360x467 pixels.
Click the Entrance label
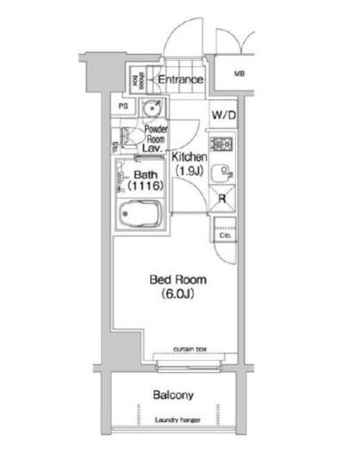(x=181, y=79)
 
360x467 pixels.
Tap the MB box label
(x=239, y=74)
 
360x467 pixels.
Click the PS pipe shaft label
(x=124, y=107)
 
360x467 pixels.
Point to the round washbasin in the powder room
(x=153, y=108)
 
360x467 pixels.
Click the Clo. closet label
(x=225, y=235)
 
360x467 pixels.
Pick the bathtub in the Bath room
(x=140, y=214)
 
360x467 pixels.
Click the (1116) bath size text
(x=145, y=186)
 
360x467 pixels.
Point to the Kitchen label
(x=189, y=158)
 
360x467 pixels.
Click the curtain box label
(x=189, y=349)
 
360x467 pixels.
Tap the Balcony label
(x=173, y=395)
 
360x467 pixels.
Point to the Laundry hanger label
(x=177, y=420)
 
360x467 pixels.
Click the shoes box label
(x=136, y=79)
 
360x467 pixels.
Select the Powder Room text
(x=156, y=134)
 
